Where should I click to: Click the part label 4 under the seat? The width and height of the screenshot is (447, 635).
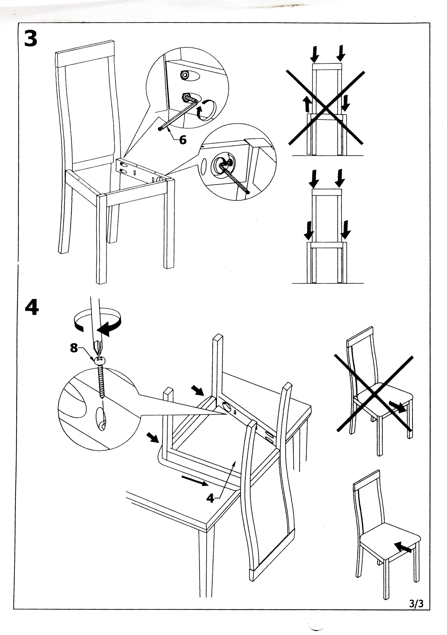(210, 498)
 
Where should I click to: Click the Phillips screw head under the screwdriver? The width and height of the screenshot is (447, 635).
(99, 361)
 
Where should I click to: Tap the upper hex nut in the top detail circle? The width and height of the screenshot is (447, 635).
(184, 74)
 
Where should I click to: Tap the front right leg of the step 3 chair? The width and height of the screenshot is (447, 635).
(169, 224)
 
